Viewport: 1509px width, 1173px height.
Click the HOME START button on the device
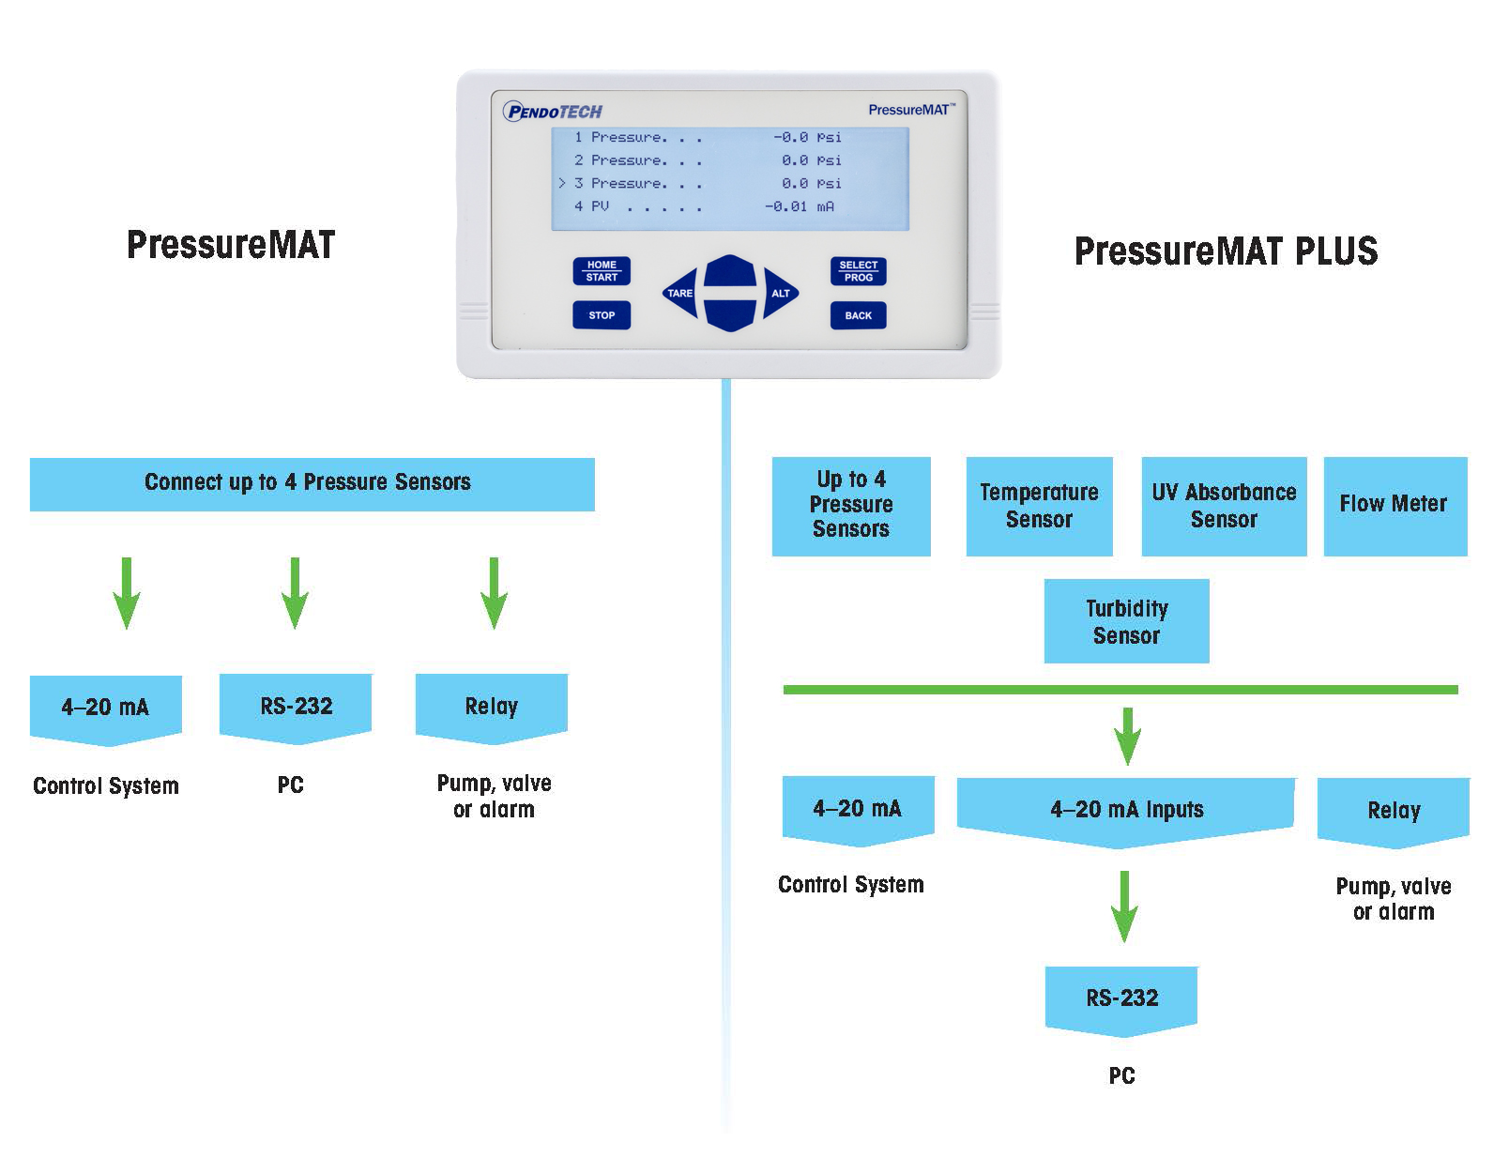[602, 271]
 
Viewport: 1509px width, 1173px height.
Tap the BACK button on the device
[858, 315]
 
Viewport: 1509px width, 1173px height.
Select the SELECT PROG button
[858, 271]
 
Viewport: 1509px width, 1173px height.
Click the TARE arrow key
[680, 294]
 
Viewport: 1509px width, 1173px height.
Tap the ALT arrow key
[780, 294]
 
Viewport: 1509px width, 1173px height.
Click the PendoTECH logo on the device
[553, 112]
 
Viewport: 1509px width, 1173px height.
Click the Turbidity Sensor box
[1126, 621]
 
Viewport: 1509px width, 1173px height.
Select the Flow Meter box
[1395, 506]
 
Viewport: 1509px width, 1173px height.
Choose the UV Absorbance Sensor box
[1224, 506]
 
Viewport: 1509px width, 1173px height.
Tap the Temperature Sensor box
[1039, 506]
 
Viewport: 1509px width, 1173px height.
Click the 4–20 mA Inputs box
[1125, 810]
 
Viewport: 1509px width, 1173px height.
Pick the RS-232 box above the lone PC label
[1121, 998]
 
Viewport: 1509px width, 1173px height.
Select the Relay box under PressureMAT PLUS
[1393, 811]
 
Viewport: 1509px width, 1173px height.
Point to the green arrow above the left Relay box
[494, 593]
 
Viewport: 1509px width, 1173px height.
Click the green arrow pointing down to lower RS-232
[1123, 906]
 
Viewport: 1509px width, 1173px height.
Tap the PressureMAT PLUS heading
[1226, 251]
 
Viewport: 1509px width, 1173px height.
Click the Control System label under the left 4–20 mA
[105, 786]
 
